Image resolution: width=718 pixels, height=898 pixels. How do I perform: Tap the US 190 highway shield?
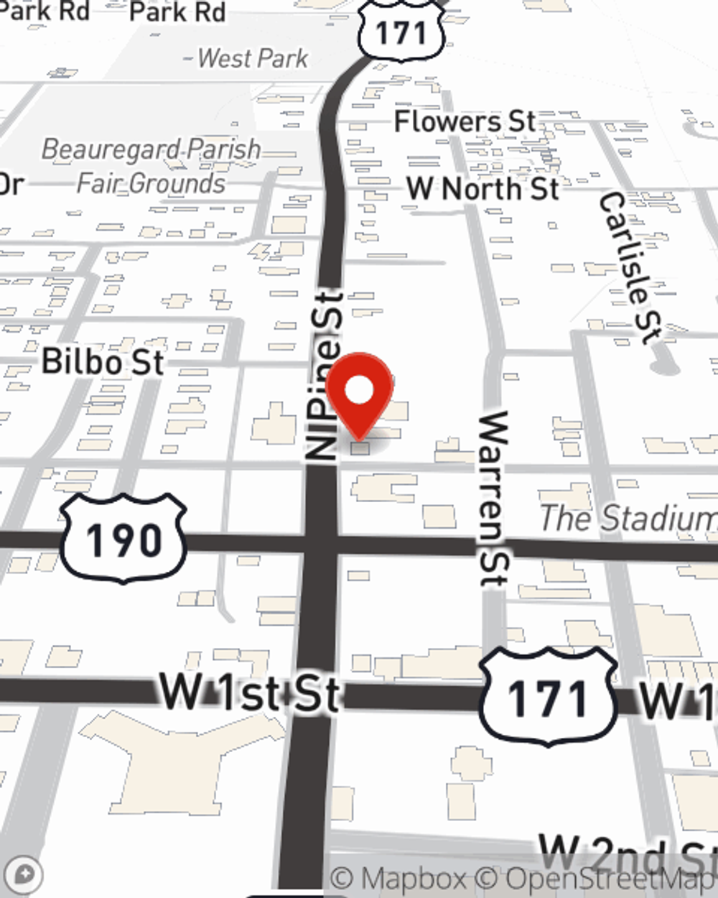click(123, 538)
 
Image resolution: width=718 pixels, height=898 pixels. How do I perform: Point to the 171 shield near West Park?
click(401, 30)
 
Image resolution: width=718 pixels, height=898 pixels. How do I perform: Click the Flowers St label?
click(465, 121)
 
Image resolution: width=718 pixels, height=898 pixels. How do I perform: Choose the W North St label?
click(482, 189)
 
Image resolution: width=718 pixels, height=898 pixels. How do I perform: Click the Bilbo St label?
click(103, 361)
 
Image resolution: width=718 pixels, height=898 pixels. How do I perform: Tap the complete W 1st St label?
click(248, 693)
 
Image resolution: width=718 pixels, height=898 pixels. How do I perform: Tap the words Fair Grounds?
click(151, 183)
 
